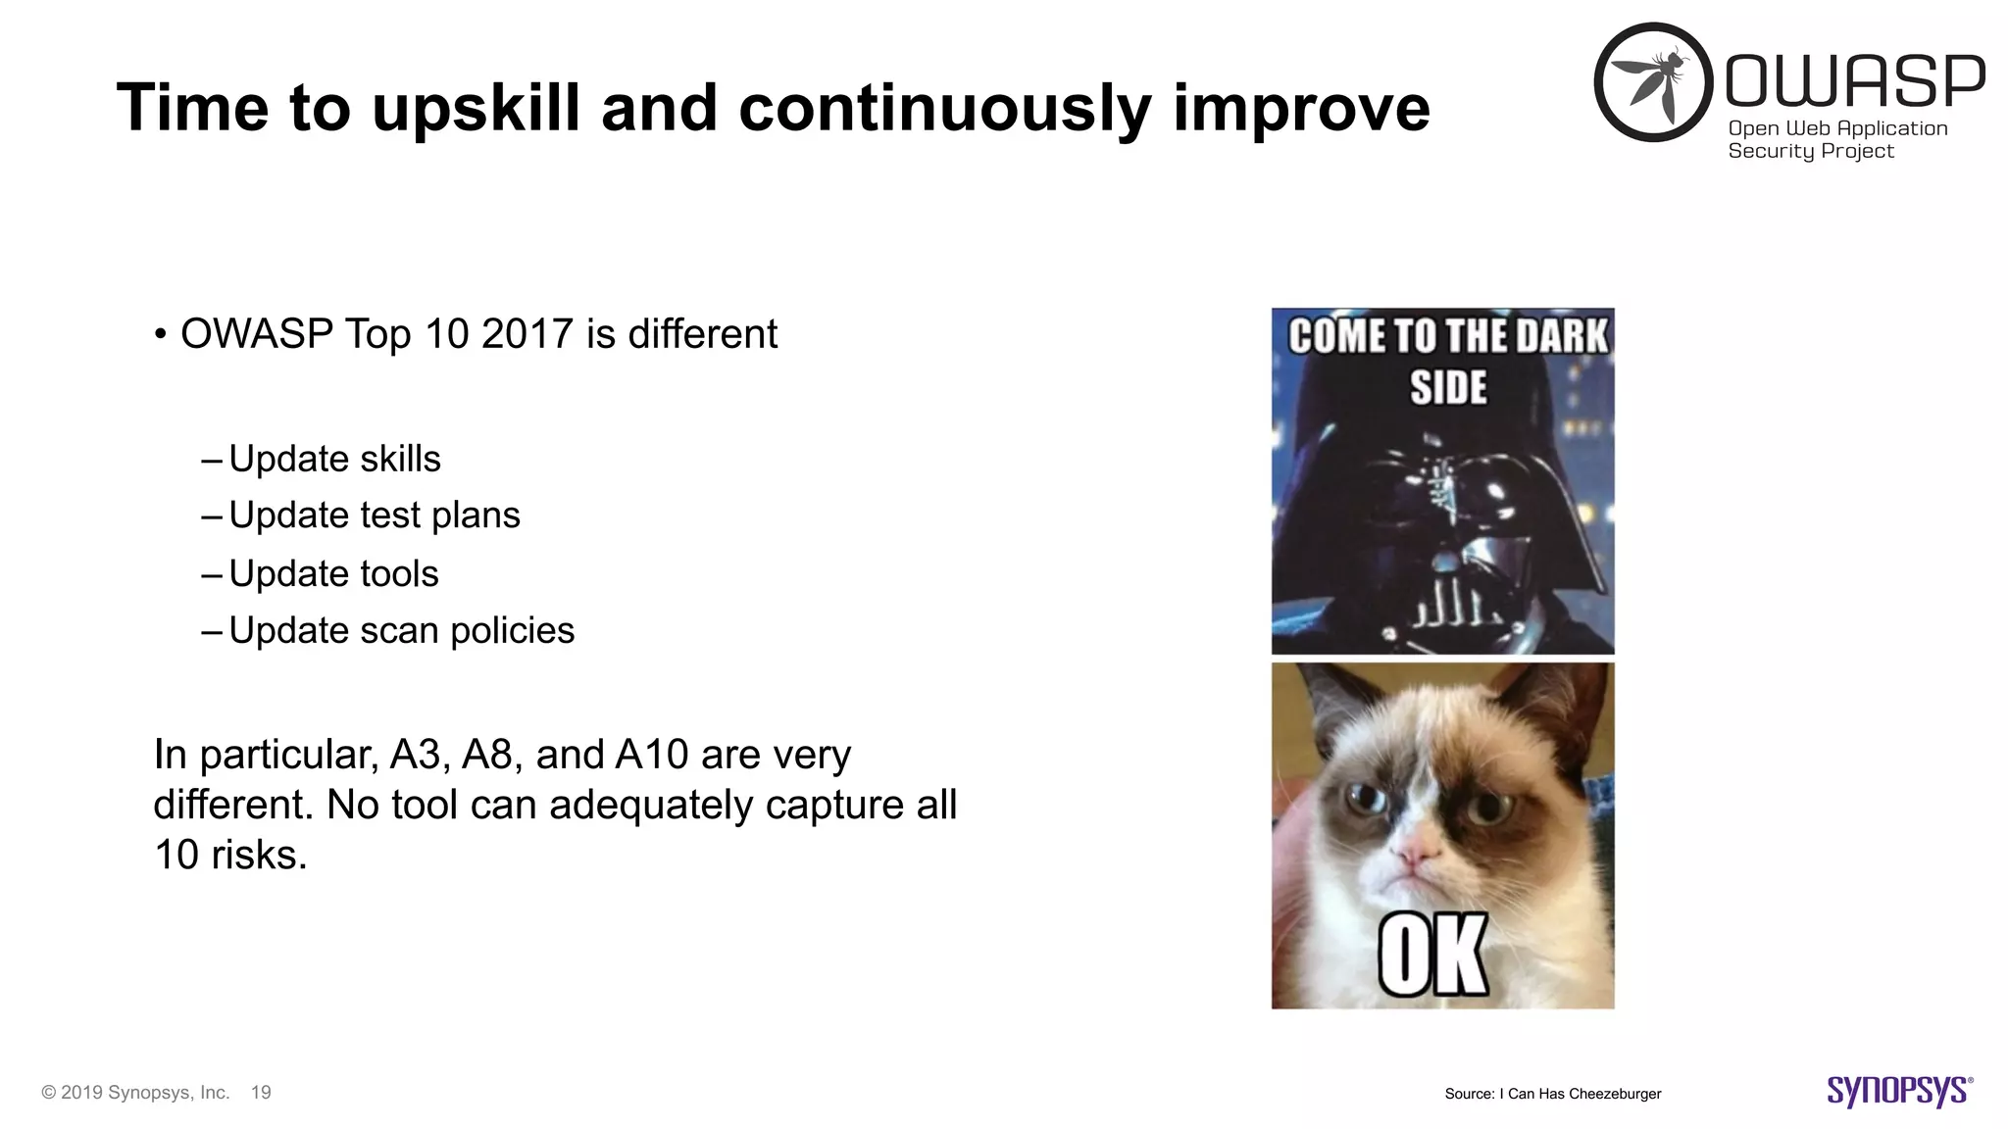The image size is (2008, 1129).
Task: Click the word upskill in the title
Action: [x=477, y=108]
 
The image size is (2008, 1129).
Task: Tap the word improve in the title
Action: [x=1301, y=108]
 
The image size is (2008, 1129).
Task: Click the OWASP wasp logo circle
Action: [x=1654, y=82]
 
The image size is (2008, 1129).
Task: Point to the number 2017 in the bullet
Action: [x=527, y=334]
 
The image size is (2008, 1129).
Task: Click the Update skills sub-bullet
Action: [x=334, y=459]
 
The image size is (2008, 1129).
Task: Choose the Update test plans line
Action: [x=374, y=515]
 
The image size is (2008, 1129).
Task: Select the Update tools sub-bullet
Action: [x=333, y=573]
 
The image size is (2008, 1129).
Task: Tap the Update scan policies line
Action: [x=401, y=630]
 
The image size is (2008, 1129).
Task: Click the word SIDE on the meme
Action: [x=1448, y=387]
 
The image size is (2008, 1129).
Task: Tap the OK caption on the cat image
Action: [x=1432, y=955]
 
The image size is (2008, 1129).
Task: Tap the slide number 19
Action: [x=261, y=1093]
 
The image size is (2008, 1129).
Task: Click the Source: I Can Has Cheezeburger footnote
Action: [x=1552, y=1094]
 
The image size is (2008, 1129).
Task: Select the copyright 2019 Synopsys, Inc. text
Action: [x=135, y=1093]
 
